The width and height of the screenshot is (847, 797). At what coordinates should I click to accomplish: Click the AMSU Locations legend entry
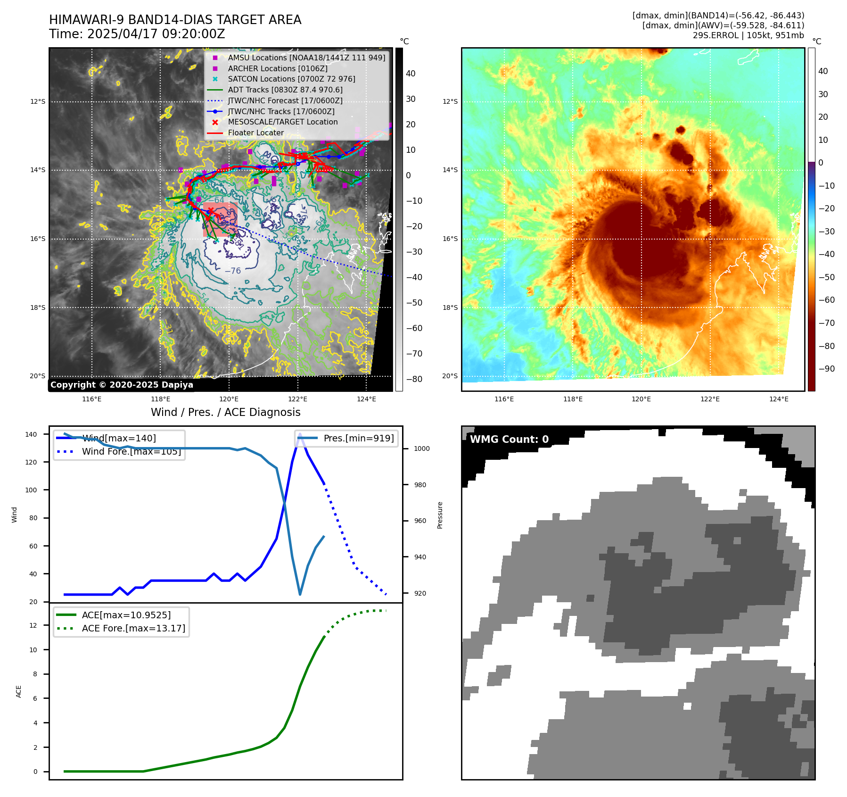click(306, 58)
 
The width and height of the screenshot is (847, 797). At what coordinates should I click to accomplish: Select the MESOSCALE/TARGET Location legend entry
click(282, 122)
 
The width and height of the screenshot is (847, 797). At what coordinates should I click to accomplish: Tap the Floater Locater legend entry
click(255, 133)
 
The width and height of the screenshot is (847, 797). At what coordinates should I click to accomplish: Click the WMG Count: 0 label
click(509, 440)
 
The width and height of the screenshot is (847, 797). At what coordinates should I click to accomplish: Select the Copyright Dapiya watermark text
click(122, 385)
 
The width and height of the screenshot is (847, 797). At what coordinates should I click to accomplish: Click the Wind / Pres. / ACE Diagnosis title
click(225, 412)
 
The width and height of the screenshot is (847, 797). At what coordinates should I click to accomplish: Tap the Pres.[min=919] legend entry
click(358, 438)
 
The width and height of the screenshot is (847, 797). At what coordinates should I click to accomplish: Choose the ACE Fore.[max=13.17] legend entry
click(133, 628)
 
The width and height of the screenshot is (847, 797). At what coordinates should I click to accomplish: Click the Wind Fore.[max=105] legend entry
click(131, 451)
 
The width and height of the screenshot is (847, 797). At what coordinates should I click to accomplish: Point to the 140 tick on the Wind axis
click(31, 434)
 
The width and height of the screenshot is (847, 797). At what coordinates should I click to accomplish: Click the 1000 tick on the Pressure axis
click(421, 448)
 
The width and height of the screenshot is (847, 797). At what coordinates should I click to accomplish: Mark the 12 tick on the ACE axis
click(33, 625)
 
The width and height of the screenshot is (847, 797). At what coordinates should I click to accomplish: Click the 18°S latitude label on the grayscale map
click(38, 307)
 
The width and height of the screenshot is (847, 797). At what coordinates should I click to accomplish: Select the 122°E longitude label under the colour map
click(710, 399)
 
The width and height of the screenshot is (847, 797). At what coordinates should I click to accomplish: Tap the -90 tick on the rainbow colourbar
click(826, 369)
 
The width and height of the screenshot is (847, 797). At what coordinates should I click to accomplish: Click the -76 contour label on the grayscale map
click(233, 271)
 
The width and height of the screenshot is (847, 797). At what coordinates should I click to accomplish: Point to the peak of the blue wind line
click(300, 433)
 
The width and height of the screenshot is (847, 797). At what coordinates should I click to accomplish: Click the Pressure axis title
click(440, 515)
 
